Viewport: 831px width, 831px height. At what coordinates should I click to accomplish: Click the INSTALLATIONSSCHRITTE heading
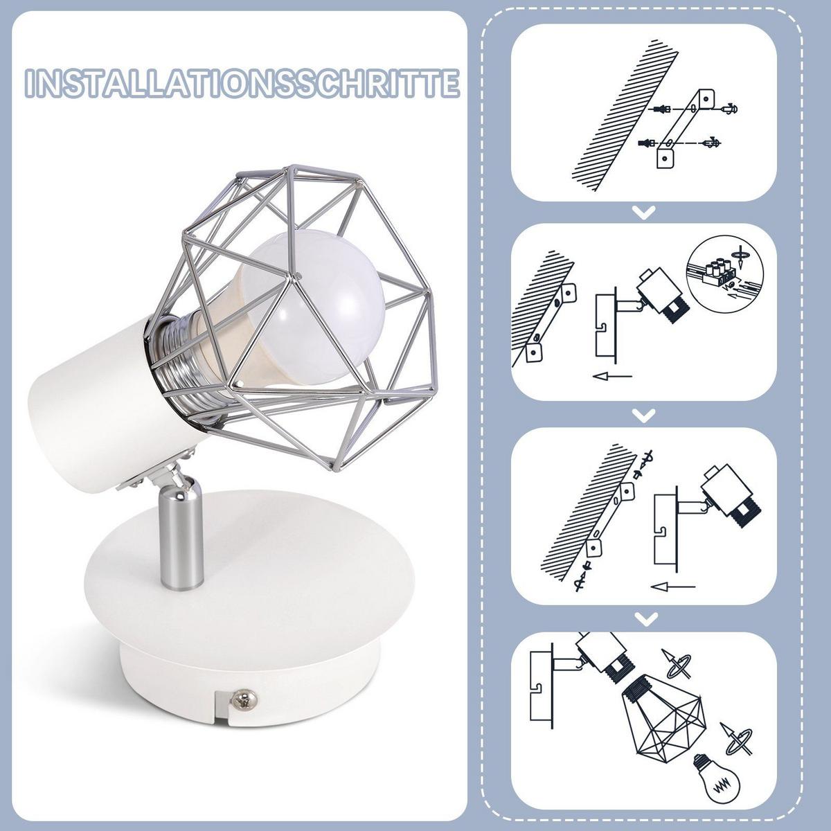(242, 83)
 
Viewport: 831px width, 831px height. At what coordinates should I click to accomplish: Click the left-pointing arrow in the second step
(612, 377)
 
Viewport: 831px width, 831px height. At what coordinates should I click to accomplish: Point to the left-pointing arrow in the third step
(673, 587)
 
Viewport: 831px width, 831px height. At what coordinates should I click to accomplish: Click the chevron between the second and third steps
(644, 415)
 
